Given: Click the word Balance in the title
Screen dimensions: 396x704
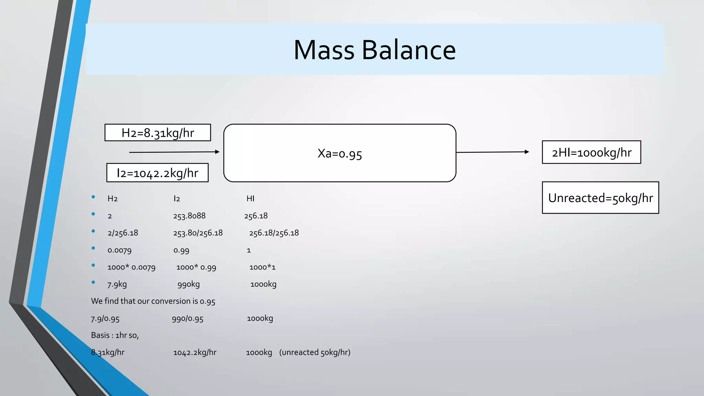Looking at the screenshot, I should coord(409,50).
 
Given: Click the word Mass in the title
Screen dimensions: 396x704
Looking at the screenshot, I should coord(323,50).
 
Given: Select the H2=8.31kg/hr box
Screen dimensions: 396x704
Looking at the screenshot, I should coord(158,133).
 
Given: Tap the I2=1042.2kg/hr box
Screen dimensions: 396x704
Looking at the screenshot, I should coord(157,173).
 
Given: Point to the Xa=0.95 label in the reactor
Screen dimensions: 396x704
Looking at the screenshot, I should coord(340,153).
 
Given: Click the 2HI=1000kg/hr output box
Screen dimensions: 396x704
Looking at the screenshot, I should coord(591,152).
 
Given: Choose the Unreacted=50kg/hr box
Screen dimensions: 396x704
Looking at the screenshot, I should coord(600,198).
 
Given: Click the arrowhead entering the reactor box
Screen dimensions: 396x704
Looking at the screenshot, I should coord(217,152).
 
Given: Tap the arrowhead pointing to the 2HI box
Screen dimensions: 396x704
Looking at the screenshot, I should coord(527,152).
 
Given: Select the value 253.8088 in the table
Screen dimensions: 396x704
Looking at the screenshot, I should coord(189,216).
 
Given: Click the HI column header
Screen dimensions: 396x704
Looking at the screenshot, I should coord(250,198).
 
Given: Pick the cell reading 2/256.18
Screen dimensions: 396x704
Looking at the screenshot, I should coord(123,233).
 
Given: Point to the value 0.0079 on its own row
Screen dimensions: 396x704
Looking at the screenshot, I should coord(119,250).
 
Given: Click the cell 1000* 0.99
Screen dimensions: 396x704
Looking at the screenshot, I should coord(196,267).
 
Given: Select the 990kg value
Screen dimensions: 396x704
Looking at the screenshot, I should coord(188,284).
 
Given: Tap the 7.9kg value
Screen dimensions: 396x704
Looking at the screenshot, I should coord(117,284).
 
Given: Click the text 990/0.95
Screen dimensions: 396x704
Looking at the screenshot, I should coord(187,318).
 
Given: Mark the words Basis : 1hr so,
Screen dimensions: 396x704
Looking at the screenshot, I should coord(115,335).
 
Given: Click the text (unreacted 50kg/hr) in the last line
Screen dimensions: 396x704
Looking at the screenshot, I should coord(315,352).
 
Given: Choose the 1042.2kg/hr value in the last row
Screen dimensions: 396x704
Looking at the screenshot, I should coord(195,352).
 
